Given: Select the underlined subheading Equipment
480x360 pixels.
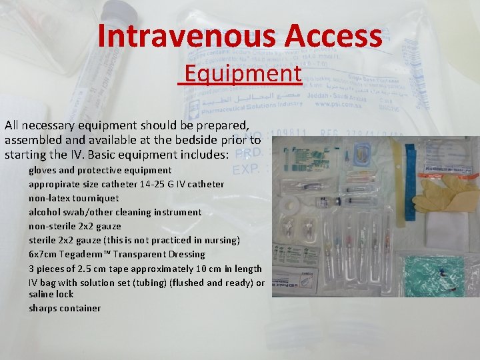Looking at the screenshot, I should tap(243, 73).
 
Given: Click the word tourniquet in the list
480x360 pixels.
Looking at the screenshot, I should tap(96, 198).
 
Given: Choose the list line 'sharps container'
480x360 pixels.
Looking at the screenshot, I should tap(65, 308).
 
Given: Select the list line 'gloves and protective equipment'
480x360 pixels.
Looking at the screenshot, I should tap(100, 170).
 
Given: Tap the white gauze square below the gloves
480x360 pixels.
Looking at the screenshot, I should tap(443, 230).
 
